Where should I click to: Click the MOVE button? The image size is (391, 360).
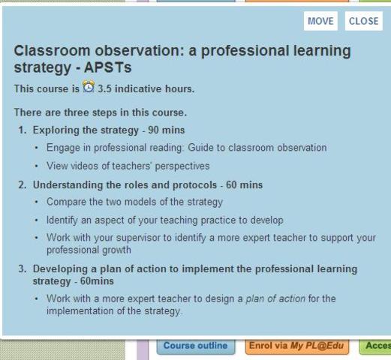[320, 21]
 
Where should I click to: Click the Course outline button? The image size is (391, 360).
[195, 346]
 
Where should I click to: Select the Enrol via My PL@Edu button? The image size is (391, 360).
[299, 346]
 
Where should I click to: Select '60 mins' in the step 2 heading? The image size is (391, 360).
[245, 184]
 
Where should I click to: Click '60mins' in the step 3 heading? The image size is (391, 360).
[96, 281]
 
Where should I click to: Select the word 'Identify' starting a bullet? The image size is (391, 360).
[62, 220]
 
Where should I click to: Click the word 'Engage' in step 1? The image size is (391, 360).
[62, 148]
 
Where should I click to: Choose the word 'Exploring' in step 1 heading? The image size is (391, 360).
[53, 130]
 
